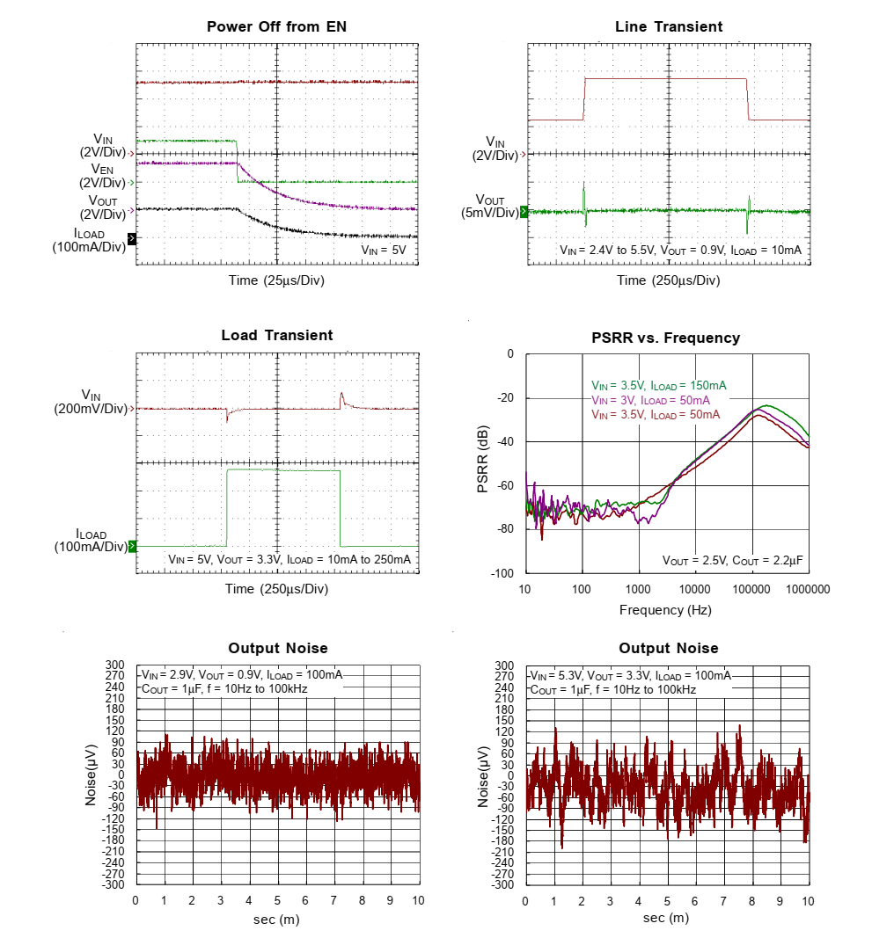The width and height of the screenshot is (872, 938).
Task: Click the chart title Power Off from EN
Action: [276, 26]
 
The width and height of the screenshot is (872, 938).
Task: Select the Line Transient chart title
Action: [668, 26]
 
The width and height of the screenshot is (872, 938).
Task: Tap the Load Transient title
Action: [276, 335]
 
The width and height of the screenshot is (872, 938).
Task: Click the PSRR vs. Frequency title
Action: [667, 338]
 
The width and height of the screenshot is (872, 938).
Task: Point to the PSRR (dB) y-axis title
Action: [483, 462]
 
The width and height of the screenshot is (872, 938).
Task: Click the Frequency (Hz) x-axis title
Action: [665, 609]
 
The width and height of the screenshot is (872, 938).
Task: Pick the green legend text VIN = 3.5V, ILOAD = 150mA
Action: [659, 385]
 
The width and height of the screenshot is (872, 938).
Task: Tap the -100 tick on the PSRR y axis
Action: [503, 573]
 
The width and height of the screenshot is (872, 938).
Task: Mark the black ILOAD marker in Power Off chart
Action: [132, 238]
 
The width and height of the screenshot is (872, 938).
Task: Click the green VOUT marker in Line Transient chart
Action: [524, 211]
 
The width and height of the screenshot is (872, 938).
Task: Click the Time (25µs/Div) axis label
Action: [276, 280]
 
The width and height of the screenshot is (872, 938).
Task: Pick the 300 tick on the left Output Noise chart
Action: [116, 665]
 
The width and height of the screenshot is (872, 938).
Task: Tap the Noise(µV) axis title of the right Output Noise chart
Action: [483, 776]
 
